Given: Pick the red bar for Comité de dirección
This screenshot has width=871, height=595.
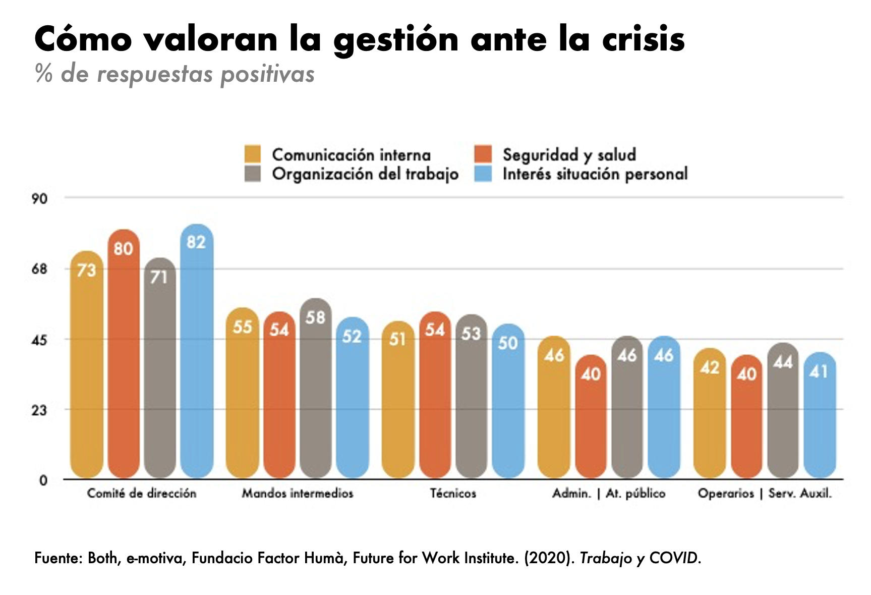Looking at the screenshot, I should point(124,353).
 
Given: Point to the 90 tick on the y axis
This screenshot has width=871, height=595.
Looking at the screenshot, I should point(39,199).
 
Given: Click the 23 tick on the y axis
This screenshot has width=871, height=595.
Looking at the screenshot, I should point(39,410).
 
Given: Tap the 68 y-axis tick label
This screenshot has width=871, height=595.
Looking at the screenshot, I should point(39,269).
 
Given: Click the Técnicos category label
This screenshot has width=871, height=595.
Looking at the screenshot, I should point(453,494).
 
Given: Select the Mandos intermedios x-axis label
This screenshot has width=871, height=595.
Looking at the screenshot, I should point(298,494).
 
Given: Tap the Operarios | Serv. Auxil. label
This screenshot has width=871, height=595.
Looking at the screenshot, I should point(765,494).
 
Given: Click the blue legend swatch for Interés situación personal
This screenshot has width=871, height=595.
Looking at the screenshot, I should point(483,174).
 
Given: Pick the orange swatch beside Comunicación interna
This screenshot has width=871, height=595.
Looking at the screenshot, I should point(253,154).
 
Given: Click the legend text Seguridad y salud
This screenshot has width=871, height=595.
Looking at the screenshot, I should point(569,154).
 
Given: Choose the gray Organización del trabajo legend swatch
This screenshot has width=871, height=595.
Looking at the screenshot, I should point(253,174).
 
